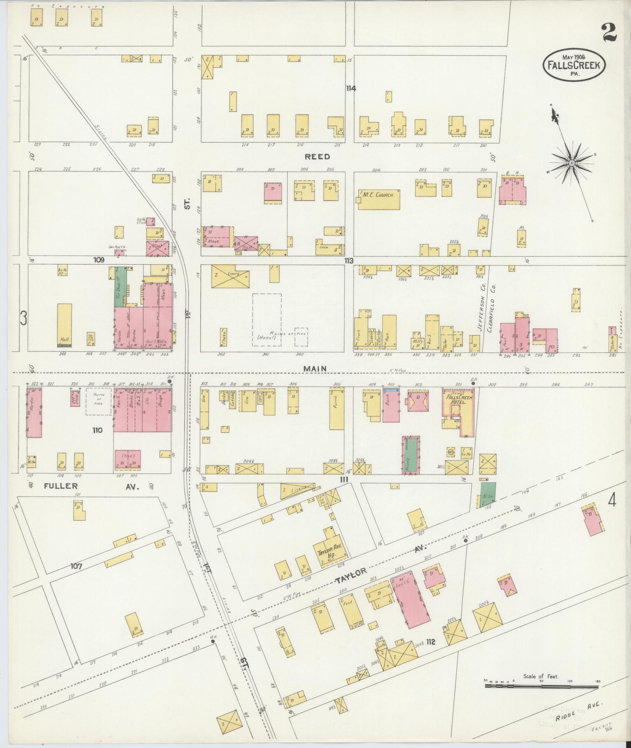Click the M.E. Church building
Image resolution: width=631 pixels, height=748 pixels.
pos(379,199)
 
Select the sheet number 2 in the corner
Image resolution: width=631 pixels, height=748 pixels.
pos(609,32)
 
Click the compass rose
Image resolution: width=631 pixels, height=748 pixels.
pos(572,162)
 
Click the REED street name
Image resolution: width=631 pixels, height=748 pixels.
pos(317,157)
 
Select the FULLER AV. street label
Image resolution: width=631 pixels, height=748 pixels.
pos(90,486)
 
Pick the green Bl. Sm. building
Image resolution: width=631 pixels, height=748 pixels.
pos(487,495)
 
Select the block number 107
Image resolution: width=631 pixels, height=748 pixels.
pos(77,565)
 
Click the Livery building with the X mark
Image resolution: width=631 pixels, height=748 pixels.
pos(231,276)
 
